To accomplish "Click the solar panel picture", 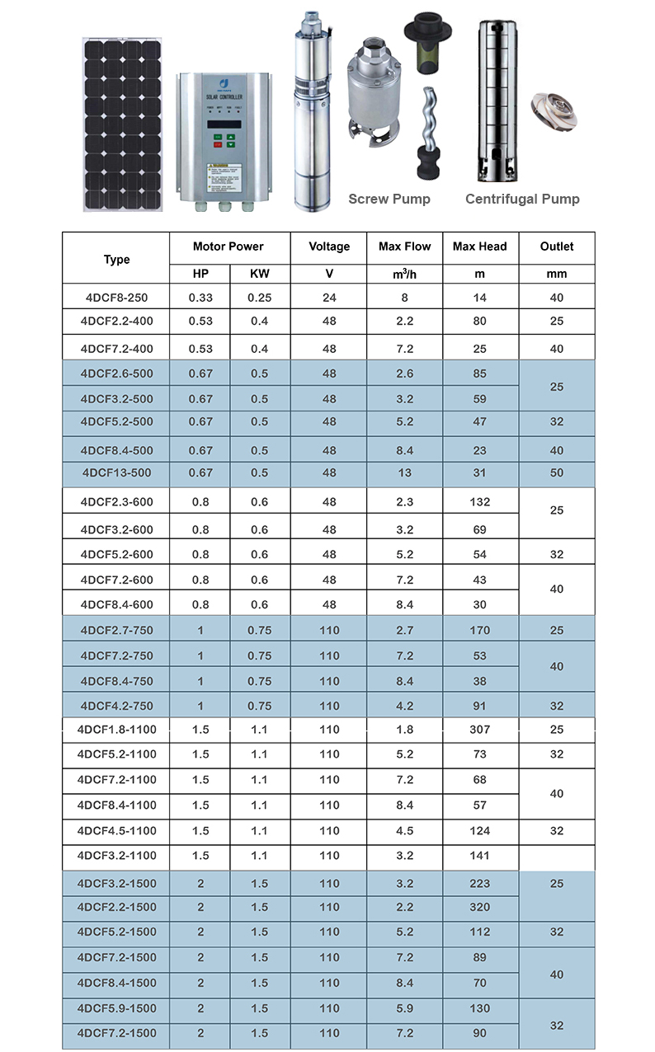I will tap(121, 124).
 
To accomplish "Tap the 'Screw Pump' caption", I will tap(389, 199).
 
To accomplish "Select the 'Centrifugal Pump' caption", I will tap(522, 199).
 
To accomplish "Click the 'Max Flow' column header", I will tap(405, 247).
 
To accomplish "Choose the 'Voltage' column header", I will tap(329, 247).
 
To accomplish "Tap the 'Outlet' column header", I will tap(557, 247).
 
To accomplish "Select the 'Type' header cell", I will tap(116, 260).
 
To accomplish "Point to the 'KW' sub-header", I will tap(259, 274).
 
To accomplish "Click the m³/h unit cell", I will tap(405, 274).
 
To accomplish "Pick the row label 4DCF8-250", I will tap(116, 297).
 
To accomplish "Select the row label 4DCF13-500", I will tap(116, 472).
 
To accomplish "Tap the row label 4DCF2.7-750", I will tap(116, 631).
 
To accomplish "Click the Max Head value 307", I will tap(479, 730).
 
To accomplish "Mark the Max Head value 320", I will tap(479, 907).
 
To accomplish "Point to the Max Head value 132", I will tap(479, 501).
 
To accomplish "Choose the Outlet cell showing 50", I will tap(557, 472).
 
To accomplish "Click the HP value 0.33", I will tap(200, 297).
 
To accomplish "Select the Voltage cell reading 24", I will tap(329, 297).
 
